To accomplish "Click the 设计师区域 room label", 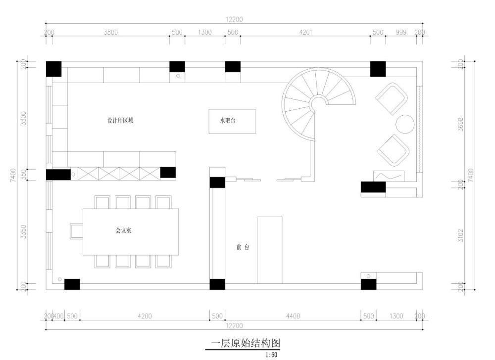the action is [120, 121].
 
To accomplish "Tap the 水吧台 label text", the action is [228, 121].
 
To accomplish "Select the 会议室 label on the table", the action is [123, 230].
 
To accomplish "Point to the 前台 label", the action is [243, 247].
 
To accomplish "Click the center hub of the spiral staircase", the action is [318, 102].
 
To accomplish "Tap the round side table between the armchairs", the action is [405, 124].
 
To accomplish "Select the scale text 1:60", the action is [271, 355].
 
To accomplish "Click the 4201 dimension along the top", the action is [305, 32].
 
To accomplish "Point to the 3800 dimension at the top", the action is [111, 32].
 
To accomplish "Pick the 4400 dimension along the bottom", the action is [293, 316].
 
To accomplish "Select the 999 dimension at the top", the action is [401, 32].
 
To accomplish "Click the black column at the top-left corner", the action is [53, 69].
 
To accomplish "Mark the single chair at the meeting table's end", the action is [76, 232].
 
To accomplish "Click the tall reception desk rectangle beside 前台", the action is [270, 250].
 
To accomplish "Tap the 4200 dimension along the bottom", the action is [145, 316].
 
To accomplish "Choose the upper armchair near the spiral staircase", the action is [392, 99].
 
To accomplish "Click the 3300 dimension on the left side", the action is [24, 118].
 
